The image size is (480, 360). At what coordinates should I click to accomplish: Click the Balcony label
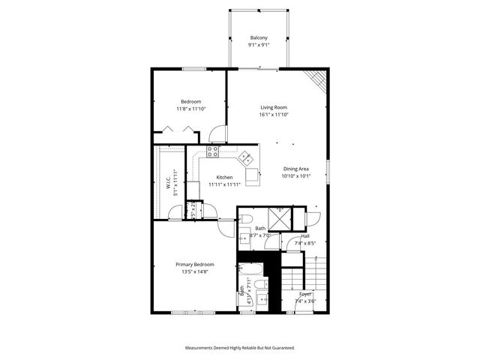[x=259, y=37]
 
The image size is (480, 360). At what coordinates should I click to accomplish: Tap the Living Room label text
[x=274, y=107]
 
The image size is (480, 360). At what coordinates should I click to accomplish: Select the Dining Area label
[x=296, y=169]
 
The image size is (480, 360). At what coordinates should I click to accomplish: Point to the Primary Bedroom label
[x=195, y=265]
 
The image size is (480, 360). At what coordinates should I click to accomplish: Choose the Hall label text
[x=305, y=235]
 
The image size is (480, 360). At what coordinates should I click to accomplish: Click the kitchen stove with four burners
[x=213, y=151]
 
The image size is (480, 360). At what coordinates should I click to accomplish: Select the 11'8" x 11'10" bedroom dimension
[x=191, y=109]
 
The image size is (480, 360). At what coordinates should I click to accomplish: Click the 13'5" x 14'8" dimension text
[x=195, y=272]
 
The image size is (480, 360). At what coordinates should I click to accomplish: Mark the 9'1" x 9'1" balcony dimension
[x=259, y=45]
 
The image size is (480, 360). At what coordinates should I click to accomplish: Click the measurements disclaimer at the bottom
[x=240, y=348]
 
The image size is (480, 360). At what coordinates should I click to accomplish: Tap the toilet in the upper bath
[x=245, y=217]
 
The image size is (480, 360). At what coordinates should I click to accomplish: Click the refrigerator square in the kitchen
[x=252, y=178]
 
